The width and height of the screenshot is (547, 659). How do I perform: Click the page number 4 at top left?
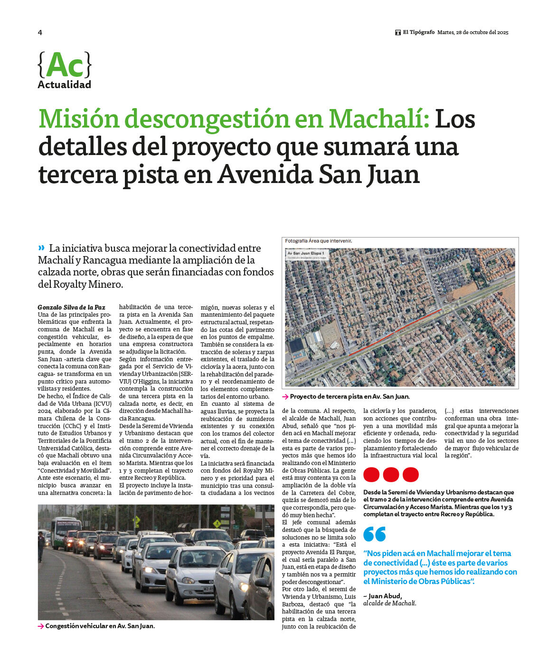click(x=40, y=32)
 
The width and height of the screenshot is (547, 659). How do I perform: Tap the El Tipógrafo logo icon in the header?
click(x=398, y=33)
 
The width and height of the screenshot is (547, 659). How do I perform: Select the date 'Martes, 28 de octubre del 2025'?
click(x=472, y=33)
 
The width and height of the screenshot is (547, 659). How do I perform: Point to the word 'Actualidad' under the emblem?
click(x=64, y=85)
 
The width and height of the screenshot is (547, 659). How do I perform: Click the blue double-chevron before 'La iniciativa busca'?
click(x=41, y=247)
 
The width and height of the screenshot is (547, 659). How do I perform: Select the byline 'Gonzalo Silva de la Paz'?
click(x=71, y=307)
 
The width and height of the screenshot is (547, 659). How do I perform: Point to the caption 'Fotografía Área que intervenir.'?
click(x=318, y=241)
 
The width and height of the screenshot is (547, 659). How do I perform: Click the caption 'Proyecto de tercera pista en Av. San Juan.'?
click(x=349, y=397)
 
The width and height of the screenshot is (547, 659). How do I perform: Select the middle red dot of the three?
click(x=391, y=475)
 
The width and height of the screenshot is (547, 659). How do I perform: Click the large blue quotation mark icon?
click(x=375, y=534)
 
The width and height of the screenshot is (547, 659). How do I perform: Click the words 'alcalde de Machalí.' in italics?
click(x=389, y=603)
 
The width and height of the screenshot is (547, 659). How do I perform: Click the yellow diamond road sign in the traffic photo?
click(x=217, y=524)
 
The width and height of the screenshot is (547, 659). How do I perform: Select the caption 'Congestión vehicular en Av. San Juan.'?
click(x=100, y=626)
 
